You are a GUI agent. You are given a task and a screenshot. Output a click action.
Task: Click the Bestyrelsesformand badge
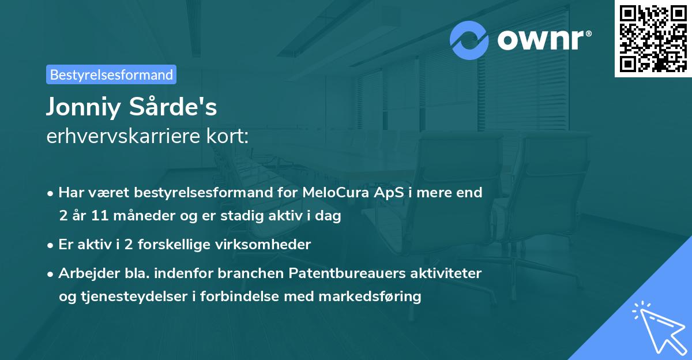pos(111,74)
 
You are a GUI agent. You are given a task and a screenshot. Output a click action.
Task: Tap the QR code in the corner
pos(653,38)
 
